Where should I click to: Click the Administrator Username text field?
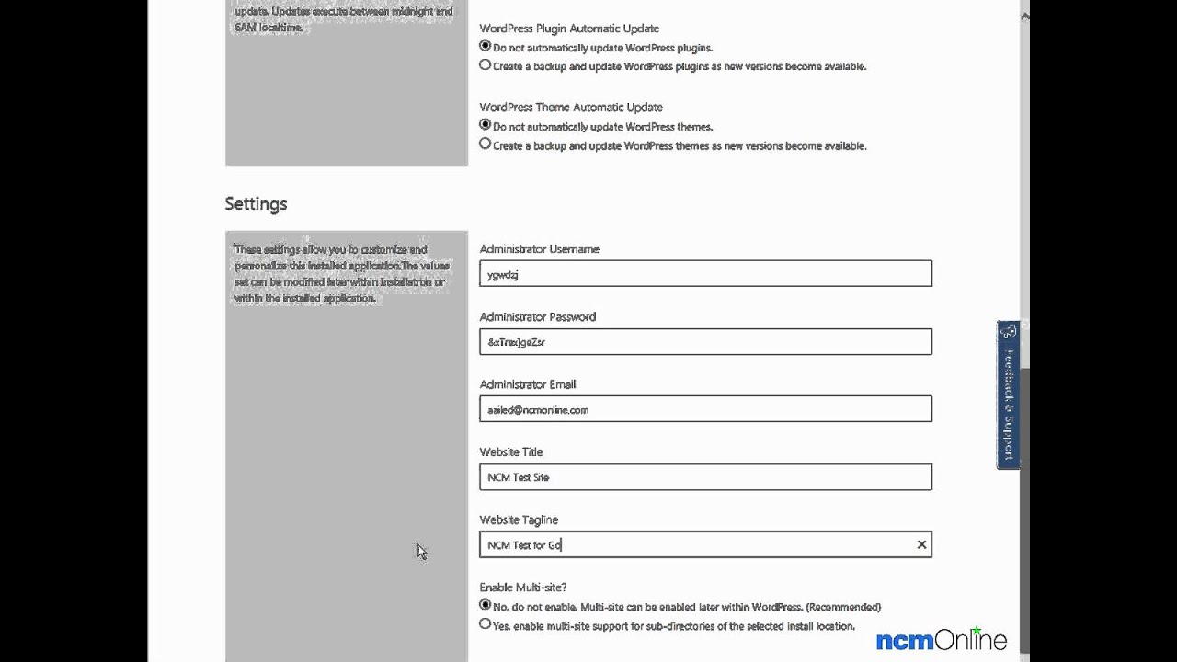click(x=705, y=274)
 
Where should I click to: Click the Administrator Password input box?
click(x=705, y=342)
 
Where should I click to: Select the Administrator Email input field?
click(x=705, y=409)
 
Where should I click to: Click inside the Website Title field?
click(x=705, y=477)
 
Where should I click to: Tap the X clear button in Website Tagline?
click(x=921, y=545)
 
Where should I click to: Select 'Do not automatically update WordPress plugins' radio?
click(x=486, y=46)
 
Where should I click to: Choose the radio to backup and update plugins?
click(x=486, y=65)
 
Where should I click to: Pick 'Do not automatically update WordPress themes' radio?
click(x=486, y=125)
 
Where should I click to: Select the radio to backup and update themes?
click(x=486, y=144)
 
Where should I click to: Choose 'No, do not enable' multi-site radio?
click(x=486, y=605)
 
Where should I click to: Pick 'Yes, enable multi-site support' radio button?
click(x=486, y=624)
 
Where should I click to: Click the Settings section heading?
click(x=256, y=204)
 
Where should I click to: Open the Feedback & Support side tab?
click(x=1008, y=395)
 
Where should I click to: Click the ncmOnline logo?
click(x=941, y=640)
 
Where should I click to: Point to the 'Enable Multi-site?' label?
click(x=522, y=588)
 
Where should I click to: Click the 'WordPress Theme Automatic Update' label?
click(x=570, y=108)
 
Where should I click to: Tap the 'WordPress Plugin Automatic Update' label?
click(x=568, y=29)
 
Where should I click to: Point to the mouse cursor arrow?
click(x=420, y=550)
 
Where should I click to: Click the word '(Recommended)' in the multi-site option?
click(x=844, y=607)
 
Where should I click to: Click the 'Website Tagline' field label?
click(x=518, y=520)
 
